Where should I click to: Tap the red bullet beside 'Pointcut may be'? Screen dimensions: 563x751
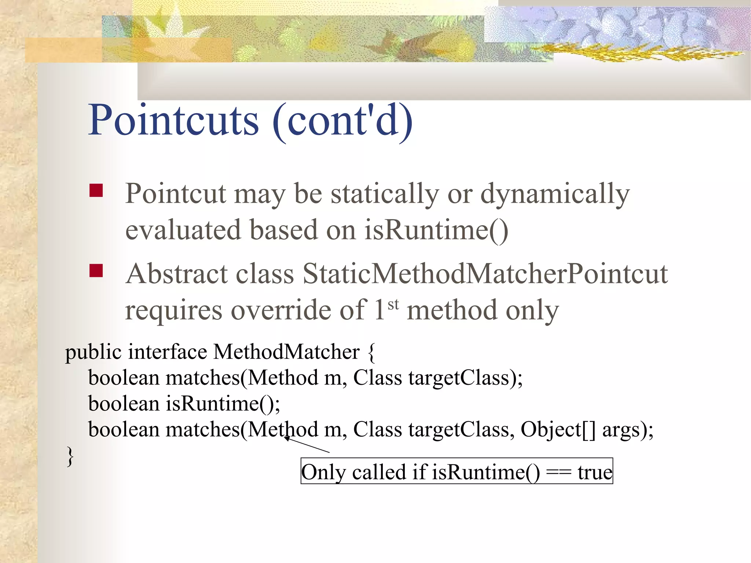[96, 191]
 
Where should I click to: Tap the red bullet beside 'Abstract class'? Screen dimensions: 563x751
[96, 271]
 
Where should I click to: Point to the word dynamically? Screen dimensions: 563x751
[555, 194]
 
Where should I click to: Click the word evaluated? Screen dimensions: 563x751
[183, 230]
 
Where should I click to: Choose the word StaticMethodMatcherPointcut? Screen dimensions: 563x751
[485, 274]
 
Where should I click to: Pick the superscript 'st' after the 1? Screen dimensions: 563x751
[393, 304]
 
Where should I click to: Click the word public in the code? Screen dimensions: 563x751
[93, 352]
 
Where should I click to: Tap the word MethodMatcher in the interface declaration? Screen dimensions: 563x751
[286, 352]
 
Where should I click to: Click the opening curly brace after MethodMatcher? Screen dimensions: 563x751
[371, 352]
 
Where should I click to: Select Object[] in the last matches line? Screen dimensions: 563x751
[558, 429]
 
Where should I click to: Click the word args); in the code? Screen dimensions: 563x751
[627, 430]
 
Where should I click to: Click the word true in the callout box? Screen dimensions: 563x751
[594, 472]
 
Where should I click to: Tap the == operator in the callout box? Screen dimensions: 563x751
[558, 472]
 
